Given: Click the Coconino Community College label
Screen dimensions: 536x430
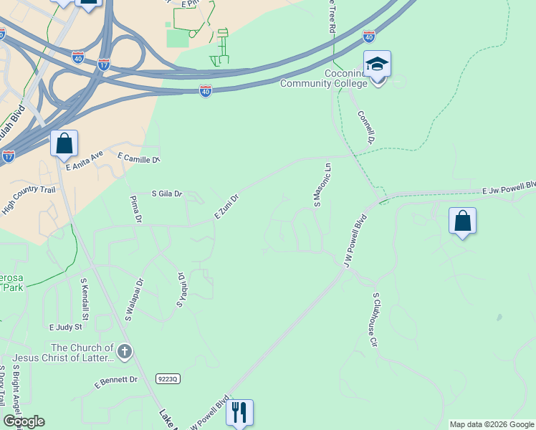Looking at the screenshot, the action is pyautogui.click(x=324, y=78).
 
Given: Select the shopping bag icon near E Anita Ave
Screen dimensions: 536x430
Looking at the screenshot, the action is pyautogui.click(x=64, y=143).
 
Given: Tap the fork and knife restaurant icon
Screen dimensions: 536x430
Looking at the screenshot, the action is pyautogui.click(x=239, y=412).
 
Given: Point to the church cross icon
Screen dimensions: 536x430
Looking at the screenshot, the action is pyautogui.click(x=125, y=351).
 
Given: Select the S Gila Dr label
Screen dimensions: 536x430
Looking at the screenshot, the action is pyautogui.click(x=168, y=193).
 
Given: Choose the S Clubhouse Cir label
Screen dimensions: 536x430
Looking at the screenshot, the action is pyautogui.click(x=373, y=319).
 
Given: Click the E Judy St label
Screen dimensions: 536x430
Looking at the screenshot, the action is pyautogui.click(x=65, y=327).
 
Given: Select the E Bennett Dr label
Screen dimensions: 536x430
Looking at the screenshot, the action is pyautogui.click(x=116, y=380).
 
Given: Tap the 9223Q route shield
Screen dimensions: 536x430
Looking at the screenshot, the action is pyautogui.click(x=166, y=377).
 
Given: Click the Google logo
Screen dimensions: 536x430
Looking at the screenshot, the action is pyautogui.click(x=24, y=421).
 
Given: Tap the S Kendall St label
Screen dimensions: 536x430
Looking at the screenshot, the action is pyautogui.click(x=85, y=300).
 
